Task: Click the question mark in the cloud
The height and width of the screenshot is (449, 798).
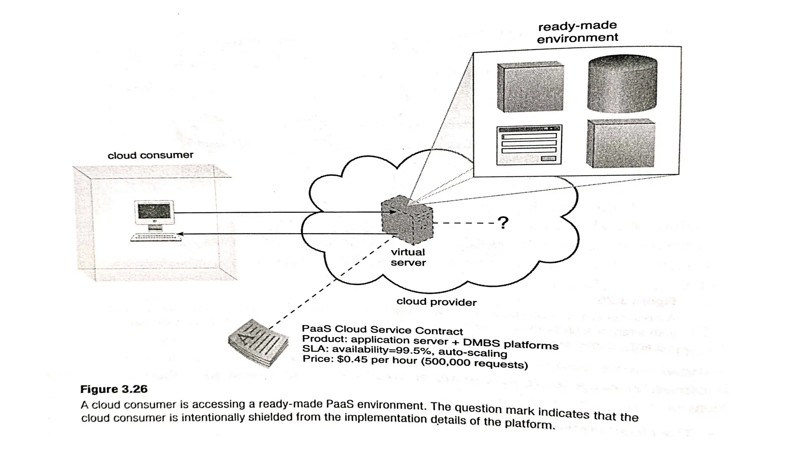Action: [503, 223]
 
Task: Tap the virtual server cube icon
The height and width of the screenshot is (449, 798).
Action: [407, 219]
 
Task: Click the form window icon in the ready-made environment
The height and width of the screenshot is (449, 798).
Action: [529, 145]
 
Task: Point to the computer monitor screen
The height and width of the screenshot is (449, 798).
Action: [154, 211]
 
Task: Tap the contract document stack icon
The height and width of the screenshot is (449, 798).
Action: [258, 343]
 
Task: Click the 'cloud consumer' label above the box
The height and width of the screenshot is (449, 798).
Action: [150, 155]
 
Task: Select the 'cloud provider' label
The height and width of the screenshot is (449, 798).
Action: [436, 302]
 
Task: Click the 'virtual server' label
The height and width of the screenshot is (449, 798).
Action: [408, 257]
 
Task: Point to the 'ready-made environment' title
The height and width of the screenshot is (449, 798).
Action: [577, 32]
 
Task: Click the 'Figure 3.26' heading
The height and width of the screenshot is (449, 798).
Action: [114, 389]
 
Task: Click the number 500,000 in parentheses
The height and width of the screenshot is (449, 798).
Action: [447, 362]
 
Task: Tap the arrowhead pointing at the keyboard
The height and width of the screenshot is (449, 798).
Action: [180, 234]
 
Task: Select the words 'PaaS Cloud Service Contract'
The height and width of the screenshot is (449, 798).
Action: [382, 330]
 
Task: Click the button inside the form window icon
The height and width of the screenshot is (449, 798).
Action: [549, 158]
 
